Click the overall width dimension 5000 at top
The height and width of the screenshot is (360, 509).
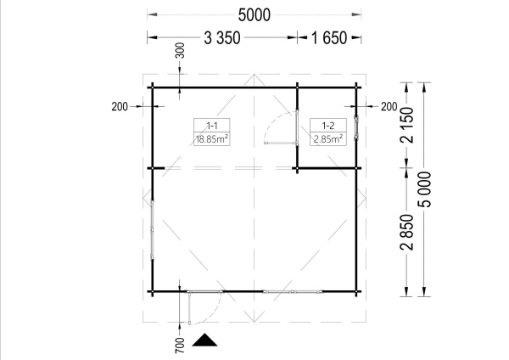tap(255, 15)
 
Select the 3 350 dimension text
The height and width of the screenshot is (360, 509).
tap(222, 37)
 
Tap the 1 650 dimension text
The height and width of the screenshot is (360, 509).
tap(329, 37)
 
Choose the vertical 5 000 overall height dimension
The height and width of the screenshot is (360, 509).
tap(425, 189)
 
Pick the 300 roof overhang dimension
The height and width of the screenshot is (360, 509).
tap(180, 50)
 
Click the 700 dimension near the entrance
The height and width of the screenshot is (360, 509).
tap(180, 345)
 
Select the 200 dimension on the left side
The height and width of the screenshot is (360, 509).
tap(120, 107)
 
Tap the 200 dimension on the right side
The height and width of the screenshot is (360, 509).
tap(389, 107)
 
